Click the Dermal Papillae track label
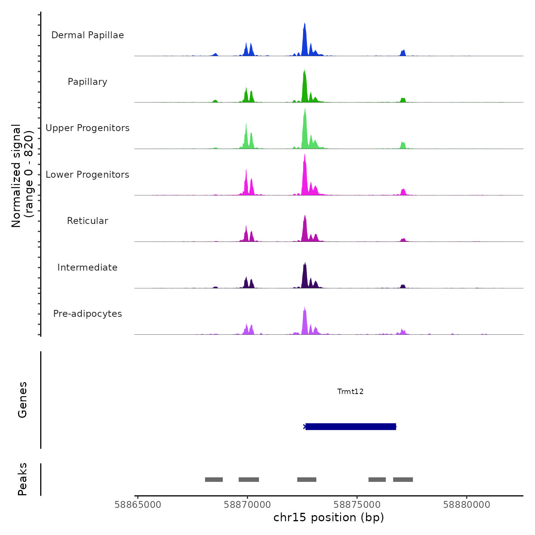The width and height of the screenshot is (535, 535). coord(88,35)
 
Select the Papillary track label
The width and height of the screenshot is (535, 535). coord(88,82)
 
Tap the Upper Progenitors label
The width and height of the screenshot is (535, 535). coord(88,128)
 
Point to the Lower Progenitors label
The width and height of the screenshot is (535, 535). coord(88,175)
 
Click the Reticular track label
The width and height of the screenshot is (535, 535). coord(88,221)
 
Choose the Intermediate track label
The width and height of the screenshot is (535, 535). coord(88,267)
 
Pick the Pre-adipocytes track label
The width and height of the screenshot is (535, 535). coord(88,314)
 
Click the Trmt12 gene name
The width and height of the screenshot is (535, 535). coord(350,391)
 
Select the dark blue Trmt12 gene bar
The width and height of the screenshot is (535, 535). coord(350,426)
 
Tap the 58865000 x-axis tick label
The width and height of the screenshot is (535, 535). coord(138,505)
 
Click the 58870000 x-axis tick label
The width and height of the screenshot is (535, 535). coord(247,505)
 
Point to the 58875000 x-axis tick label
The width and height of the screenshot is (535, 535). coord(357,505)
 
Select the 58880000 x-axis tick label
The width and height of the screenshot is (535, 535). coord(467,505)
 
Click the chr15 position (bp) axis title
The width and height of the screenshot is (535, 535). coord(329,517)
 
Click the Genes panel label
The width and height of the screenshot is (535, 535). coord(23,400)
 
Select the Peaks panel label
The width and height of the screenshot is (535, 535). coord(23,479)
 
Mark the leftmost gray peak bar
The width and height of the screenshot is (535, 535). coord(214,480)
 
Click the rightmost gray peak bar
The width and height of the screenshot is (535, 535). coord(403,480)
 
